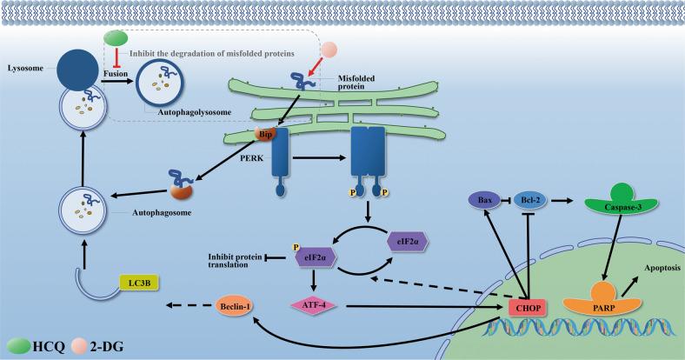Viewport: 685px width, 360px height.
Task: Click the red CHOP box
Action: click(527, 308)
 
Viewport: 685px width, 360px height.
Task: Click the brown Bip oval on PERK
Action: click(266, 136)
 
